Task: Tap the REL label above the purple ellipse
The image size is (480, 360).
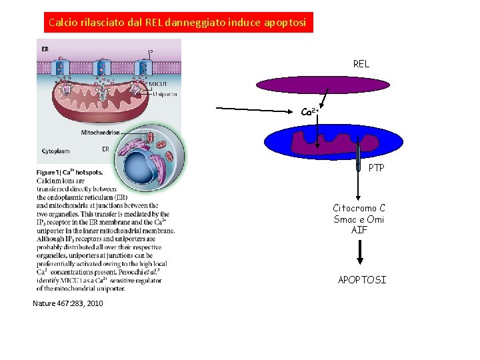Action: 361,65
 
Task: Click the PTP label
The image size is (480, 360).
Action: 376,168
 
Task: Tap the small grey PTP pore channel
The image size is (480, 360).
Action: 358,157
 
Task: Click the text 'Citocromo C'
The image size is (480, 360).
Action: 359,208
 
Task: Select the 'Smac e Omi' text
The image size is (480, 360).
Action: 359,219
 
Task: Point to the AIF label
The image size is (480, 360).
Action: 359,230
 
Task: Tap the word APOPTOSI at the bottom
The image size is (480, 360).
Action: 361,280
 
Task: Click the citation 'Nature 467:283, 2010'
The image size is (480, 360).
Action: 67,304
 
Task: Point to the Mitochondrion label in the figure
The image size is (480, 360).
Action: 100,133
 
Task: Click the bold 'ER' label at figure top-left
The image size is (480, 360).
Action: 45,49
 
